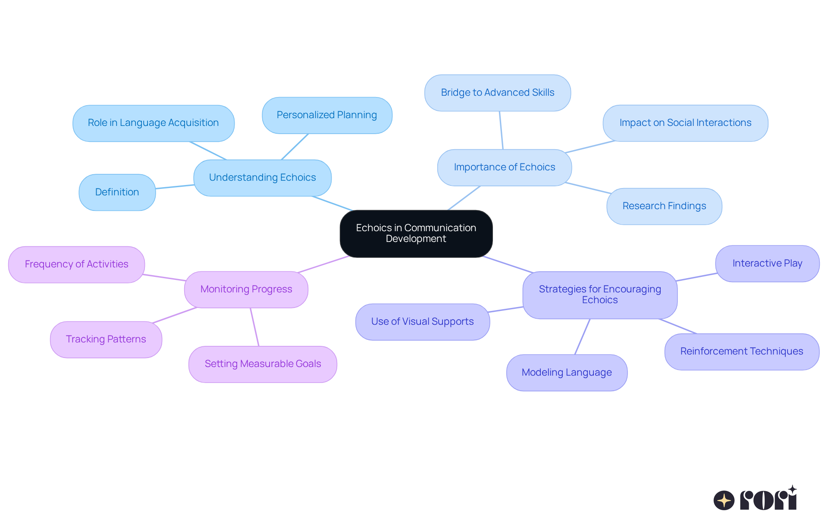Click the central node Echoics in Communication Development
tap(416, 233)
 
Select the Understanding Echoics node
tap(262, 178)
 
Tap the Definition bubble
tap(117, 192)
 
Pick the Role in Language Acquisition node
tap(153, 123)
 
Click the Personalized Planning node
tap(326, 115)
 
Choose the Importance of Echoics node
tap(504, 167)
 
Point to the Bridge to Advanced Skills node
tap(497, 93)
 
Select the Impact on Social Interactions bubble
tap(685, 123)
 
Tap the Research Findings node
tap(664, 206)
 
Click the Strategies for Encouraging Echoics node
tap(599, 295)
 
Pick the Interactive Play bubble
tap(767, 264)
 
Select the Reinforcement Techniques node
tap(741, 351)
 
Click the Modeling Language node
tap(566, 373)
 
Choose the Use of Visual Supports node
tap(422, 322)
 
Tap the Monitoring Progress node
tap(246, 289)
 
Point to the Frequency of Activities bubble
tap(76, 264)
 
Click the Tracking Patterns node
tap(106, 339)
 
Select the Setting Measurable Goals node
tap(263, 364)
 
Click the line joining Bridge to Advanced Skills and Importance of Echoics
tap(501, 130)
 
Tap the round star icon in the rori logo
tap(724, 500)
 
